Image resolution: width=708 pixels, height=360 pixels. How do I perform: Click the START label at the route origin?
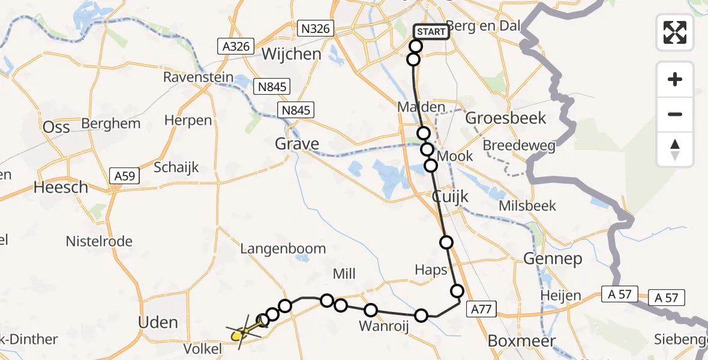click(431, 31)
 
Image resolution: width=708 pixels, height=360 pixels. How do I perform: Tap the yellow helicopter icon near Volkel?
click(242, 331)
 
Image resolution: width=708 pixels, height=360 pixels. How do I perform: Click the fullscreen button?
click(675, 32)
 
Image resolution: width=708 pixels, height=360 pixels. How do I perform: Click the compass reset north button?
click(675, 149)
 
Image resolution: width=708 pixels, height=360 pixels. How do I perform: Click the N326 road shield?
click(316, 28)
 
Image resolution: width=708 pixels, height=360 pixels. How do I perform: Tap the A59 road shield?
click(125, 176)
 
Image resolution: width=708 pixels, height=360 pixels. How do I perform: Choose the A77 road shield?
click(481, 309)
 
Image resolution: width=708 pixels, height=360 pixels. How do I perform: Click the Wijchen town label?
click(291, 54)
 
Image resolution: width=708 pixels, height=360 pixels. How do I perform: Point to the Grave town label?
click(297, 144)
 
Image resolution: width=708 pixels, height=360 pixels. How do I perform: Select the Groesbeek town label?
click(506, 118)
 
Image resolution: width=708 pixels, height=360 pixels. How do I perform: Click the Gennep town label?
click(545, 259)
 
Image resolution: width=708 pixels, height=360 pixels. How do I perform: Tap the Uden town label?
click(158, 322)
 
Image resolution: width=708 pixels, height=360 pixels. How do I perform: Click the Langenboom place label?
click(283, 248)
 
